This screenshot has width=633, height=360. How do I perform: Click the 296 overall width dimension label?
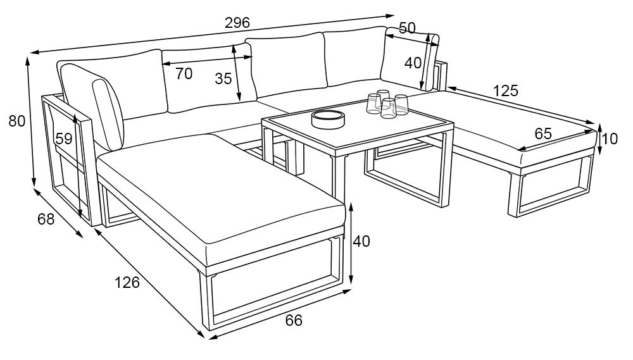click(237, 23)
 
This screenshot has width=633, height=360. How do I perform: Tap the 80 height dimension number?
click(17, 121)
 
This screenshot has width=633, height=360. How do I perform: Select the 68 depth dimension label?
click(46, 219)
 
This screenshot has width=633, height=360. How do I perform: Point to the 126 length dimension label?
click(127, 283)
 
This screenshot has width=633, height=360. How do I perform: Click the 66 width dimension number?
click(294, 320)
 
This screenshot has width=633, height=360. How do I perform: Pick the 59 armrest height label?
click(64, 139)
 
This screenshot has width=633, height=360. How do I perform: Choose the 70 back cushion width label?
click(184, 74)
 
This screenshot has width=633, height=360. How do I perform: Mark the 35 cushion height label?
click(223, 78)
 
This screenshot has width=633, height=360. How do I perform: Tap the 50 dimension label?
click(407, 28)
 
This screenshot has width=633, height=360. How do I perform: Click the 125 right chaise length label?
click(505, 91)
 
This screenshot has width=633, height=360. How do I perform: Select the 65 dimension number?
click(543, 133)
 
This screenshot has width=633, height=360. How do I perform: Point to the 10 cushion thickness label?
click(610, 139)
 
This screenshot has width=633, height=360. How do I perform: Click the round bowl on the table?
click(328, 119)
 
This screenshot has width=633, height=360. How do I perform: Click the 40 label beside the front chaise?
click(361, 241)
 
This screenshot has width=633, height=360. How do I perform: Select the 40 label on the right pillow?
click(413, 63)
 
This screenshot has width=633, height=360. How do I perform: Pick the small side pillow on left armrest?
click(108, 116)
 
